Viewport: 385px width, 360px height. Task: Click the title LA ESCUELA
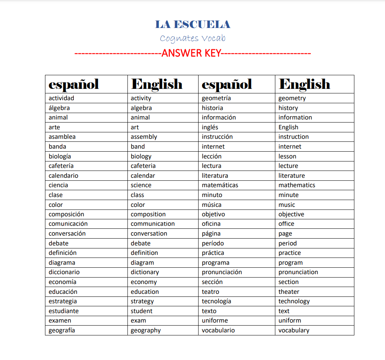[x=192, y=25]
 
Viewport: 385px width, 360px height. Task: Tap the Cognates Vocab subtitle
[x=192, y=38]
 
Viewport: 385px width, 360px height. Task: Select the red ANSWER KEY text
[x=192, y=53]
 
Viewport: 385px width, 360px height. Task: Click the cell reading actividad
[x=61, y=98]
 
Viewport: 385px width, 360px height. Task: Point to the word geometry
[x=292, y=98]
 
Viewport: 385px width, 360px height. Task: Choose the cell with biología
[x=60, y=156]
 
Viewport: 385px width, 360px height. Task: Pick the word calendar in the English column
[x=143, y=175]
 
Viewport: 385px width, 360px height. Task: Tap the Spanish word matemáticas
[x=220, y=185]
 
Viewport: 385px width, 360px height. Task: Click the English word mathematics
[x=297, y=185]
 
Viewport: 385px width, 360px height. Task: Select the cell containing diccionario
[x=64, y=272]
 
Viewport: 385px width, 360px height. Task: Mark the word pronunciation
[x=298, y=272]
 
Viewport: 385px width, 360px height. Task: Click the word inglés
[x=210, y=127]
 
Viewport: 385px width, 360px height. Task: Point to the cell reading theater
[x=289, y=292]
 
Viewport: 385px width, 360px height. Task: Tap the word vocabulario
[x=218, y=331]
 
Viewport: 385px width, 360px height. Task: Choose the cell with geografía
[x=62, y=331]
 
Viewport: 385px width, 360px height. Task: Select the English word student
[x=141, y=311]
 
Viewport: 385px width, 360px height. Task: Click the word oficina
[x=211, y=224]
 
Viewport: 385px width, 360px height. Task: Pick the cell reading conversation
[x=149, y=234]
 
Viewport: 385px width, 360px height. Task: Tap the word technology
[x=294, y=301]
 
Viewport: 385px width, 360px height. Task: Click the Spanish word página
[x=211, y=234]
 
